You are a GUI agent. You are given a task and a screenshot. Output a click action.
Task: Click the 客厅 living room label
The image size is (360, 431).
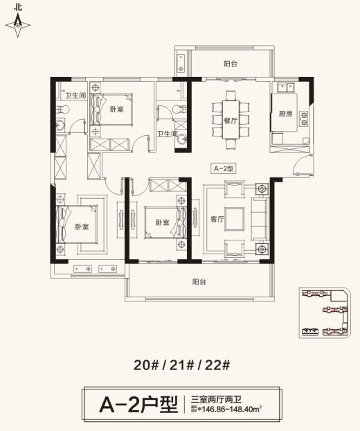point(217,218)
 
